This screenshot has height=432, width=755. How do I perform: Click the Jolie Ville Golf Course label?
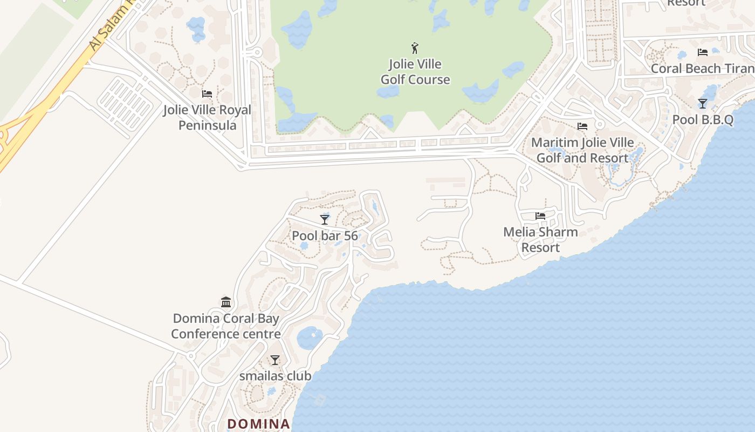click(415, 72)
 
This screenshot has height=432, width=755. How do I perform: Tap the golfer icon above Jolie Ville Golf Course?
click(415, 48)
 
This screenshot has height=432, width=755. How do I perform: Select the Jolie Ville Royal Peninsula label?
click(208, 118)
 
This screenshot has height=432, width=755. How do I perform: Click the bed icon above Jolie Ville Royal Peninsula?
click(207, 94)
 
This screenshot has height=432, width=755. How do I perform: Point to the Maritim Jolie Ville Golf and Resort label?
click(582, 151)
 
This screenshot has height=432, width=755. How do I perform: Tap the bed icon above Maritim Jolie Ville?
click(582, 126)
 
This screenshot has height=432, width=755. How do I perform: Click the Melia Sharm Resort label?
click(540, 240)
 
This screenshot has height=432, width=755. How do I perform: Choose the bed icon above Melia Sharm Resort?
click(540, 216)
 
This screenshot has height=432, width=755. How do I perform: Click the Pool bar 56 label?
click(325, 236)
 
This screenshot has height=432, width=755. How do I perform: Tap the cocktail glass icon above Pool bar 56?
click(325, 219)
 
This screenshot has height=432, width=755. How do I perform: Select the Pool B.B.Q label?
click(703, 120)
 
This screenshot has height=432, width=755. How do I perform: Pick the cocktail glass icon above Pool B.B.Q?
click(703, 103)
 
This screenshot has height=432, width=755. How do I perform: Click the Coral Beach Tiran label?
click(702, 69)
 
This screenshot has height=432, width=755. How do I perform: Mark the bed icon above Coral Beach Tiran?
click(702, 52)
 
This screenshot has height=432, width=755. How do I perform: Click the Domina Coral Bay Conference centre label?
click(226, 326)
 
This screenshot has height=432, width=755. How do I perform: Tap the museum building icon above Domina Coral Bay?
click(226, 302)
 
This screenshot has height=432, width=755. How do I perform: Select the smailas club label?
click(275, 376)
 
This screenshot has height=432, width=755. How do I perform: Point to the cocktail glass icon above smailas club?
click(275, 360)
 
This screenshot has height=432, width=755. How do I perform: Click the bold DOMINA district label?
click(259, 424)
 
